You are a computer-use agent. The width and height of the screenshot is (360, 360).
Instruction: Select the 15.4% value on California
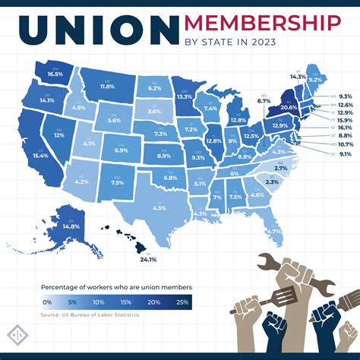[39, 155]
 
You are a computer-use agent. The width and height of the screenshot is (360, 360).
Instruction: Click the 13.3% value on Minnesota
[183, 97]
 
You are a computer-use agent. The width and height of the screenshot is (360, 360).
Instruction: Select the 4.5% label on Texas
[159, 207]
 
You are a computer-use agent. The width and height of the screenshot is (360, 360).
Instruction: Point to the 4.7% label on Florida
[273, 230]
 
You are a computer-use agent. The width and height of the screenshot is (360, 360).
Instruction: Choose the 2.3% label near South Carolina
[273, 182]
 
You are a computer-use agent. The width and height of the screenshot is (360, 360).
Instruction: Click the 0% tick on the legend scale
[47, 301]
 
